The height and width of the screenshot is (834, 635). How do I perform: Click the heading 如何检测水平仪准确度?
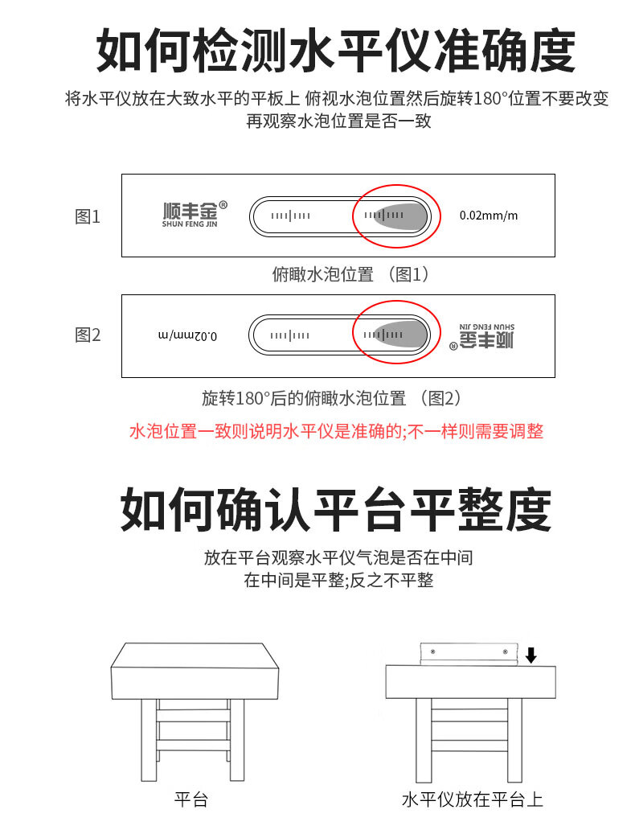pos(335,51)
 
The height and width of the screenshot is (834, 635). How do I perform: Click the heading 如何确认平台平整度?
pos(335,510)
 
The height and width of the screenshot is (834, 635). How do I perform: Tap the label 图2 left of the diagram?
pos(88,335)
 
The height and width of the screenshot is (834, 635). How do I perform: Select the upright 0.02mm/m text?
pos(489,216)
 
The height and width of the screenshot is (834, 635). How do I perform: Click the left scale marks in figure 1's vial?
pos(290,216)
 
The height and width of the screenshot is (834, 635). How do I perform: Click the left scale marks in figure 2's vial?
pos(289,335)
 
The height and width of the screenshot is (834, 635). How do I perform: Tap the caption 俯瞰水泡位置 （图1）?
pos(354,274)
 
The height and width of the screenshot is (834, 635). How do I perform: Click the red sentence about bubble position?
pos(336,432)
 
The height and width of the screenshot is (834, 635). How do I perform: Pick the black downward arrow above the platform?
pos(531,656)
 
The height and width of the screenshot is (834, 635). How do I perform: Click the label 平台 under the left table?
pos(191,799)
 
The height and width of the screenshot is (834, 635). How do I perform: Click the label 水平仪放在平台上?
pos(473,799)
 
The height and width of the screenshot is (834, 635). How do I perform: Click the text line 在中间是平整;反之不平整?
pos(338,580)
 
